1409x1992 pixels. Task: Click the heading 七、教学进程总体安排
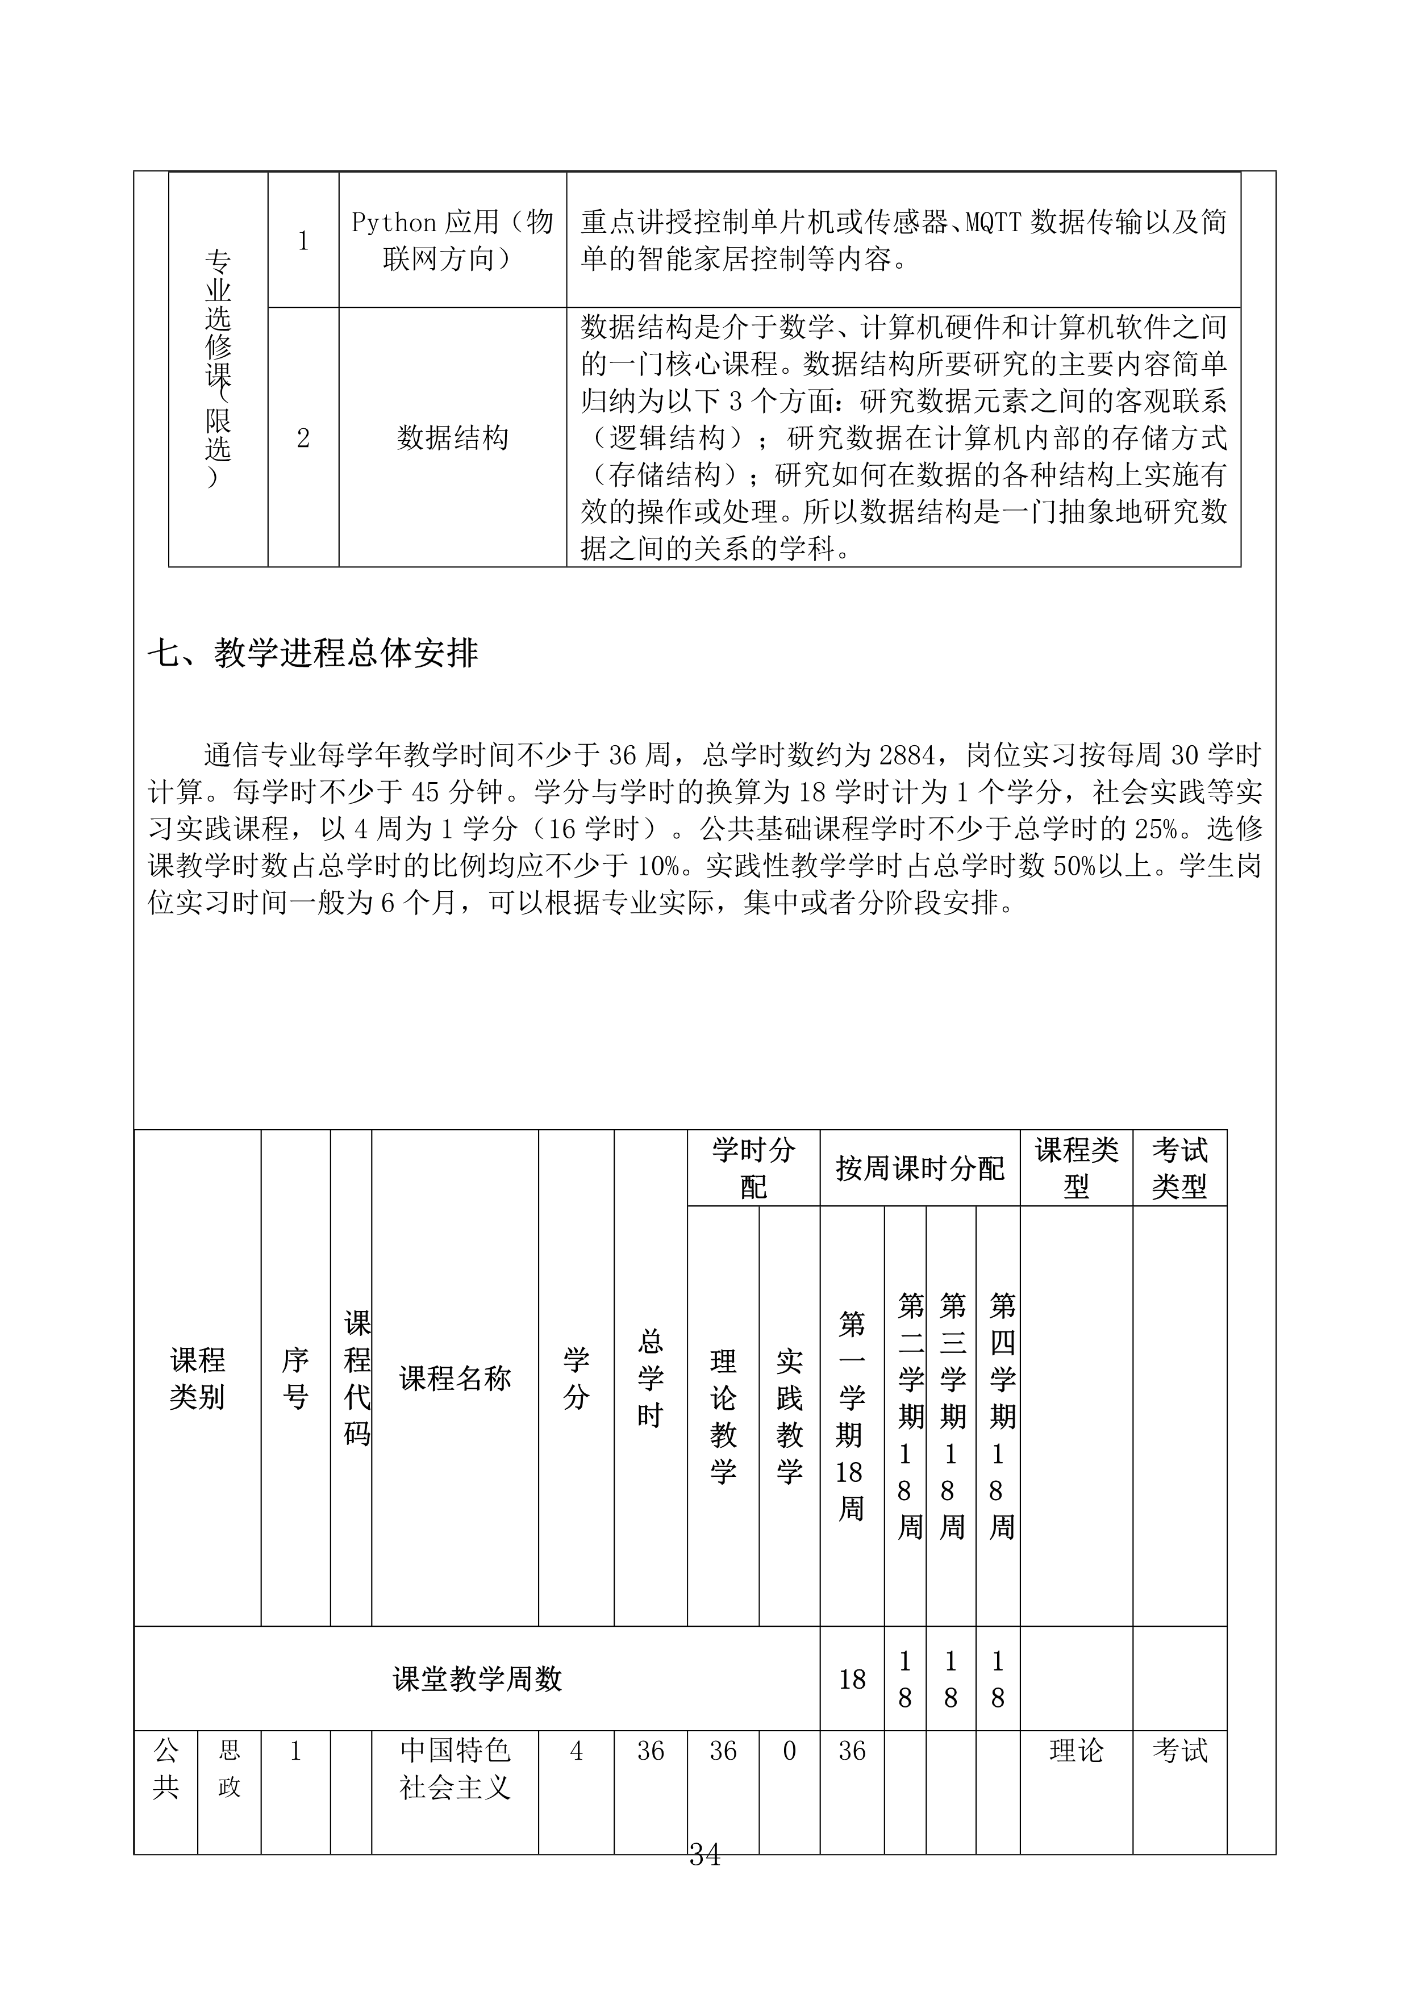coord(312,653)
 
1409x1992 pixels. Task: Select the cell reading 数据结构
coord(452,437)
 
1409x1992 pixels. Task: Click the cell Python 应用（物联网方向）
coord(452,240)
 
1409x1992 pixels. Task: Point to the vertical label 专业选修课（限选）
coord(218,368)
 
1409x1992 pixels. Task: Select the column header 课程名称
coord(455,1378)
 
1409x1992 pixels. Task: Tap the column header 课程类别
coord(197,1378)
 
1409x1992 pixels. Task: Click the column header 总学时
coord(650,1378)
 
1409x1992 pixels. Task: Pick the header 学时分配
coord(753,1168)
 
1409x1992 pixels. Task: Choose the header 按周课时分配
coord(920,1168)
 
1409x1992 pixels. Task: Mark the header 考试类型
coord(1179,1168)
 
